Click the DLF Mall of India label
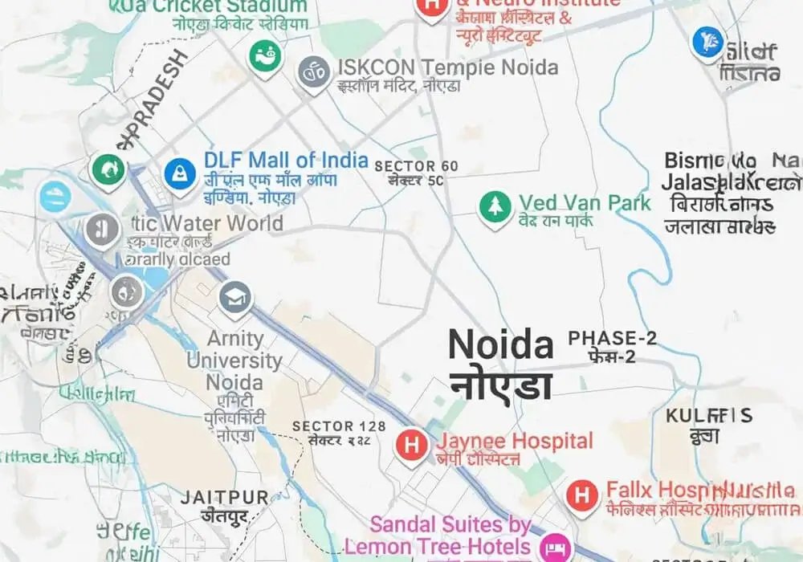pos(286,160)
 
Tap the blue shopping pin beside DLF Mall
pos(180,173)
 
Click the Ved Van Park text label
pos(585,202)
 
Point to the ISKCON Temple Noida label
pos(447,67)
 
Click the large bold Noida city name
pos(500,345)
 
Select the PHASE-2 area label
pos(612,338)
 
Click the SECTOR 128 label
pos(339,426)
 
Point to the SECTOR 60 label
pos(417,166)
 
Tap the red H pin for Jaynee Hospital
pos(412,444)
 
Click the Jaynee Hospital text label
pos(515,441)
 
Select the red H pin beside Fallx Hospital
pos(582,495)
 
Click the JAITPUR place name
pos(224,497)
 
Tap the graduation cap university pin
pos(235,298)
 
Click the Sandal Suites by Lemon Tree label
pos(438,536)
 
